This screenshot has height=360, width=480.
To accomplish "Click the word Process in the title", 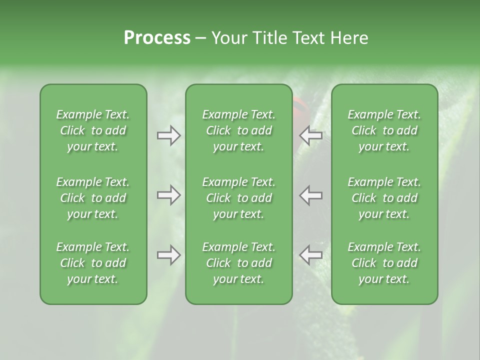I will pos(157,37).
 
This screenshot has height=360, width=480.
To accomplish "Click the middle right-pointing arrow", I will pos(168,195).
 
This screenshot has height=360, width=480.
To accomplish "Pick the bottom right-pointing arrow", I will pos(168,255).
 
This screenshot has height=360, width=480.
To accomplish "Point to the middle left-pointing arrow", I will pos(311,195).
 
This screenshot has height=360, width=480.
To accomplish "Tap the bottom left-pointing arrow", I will pos(311,255).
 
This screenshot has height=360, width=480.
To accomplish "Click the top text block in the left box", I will pos(93,130).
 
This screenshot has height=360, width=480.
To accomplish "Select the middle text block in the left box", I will pos(93,198).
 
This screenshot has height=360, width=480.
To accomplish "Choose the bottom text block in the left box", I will pos(93,263).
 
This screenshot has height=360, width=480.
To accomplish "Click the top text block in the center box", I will pos(239,130).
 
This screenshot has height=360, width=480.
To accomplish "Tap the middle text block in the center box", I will pos(239,198).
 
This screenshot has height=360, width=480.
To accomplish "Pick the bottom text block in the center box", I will pos(239,263).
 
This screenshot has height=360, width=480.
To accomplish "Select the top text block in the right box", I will pos(384,130).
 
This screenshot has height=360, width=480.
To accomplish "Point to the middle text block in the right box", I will pos(384,198).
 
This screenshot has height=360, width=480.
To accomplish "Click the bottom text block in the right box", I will pos(384,263).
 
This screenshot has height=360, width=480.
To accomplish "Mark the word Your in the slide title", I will pos(229,37).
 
